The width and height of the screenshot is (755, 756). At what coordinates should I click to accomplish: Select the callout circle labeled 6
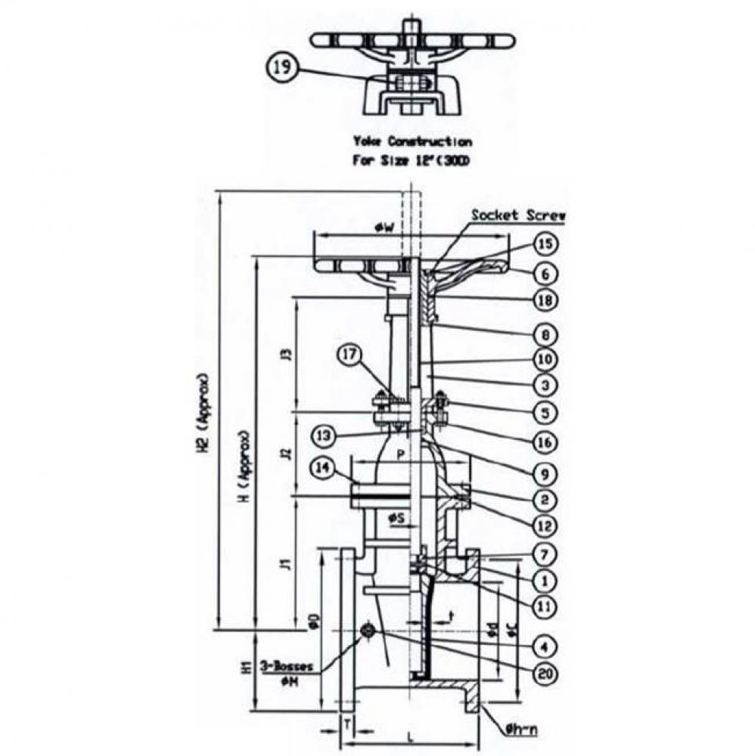[545, 272]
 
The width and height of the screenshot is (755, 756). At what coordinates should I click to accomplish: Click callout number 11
[545, 605]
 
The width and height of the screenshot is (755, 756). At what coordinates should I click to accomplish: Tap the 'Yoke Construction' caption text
[412, 141]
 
